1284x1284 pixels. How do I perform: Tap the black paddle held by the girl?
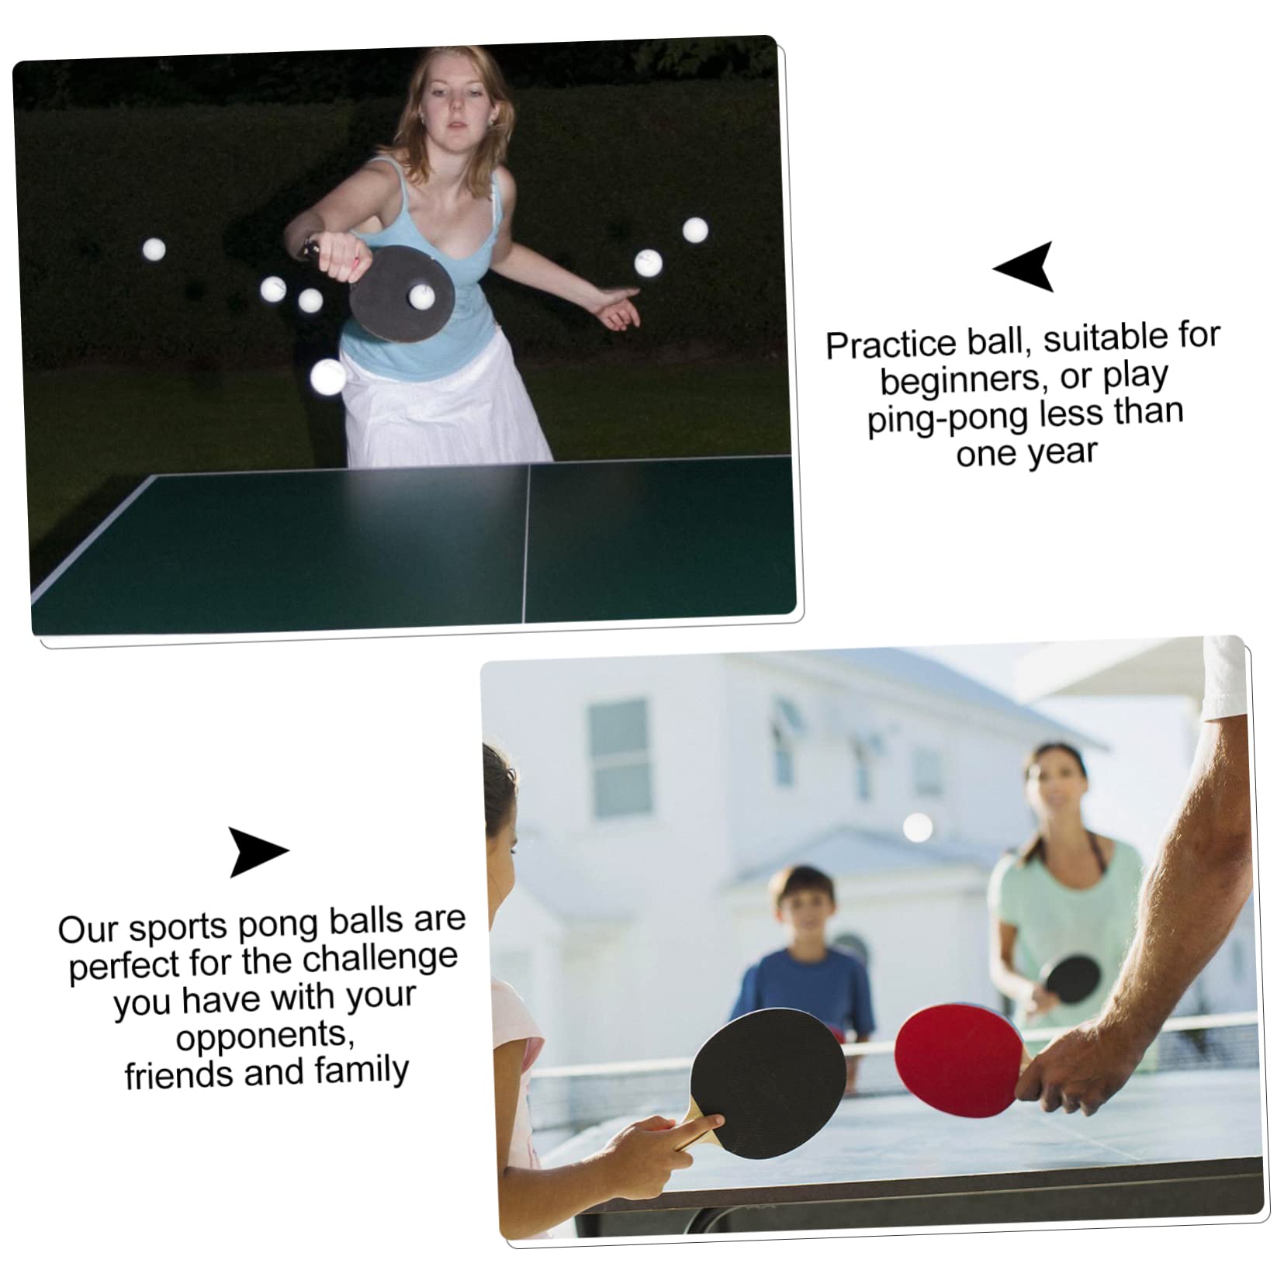click(767, 1082)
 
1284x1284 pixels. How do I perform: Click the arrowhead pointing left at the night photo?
click(1026, 266)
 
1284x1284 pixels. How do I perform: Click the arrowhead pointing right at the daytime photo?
click(256, 851)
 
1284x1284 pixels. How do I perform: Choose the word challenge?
click(379, 960)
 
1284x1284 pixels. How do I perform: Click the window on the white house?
click(619, 757)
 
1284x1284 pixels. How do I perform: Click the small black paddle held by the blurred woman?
click(1071, 978)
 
